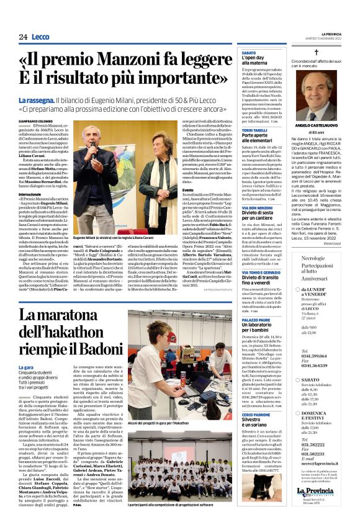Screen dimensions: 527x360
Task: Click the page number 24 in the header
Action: tap(23, 37)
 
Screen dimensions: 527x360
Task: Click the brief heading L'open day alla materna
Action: tap(257, 60)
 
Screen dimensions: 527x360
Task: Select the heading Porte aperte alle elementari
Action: tap(256, 137)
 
